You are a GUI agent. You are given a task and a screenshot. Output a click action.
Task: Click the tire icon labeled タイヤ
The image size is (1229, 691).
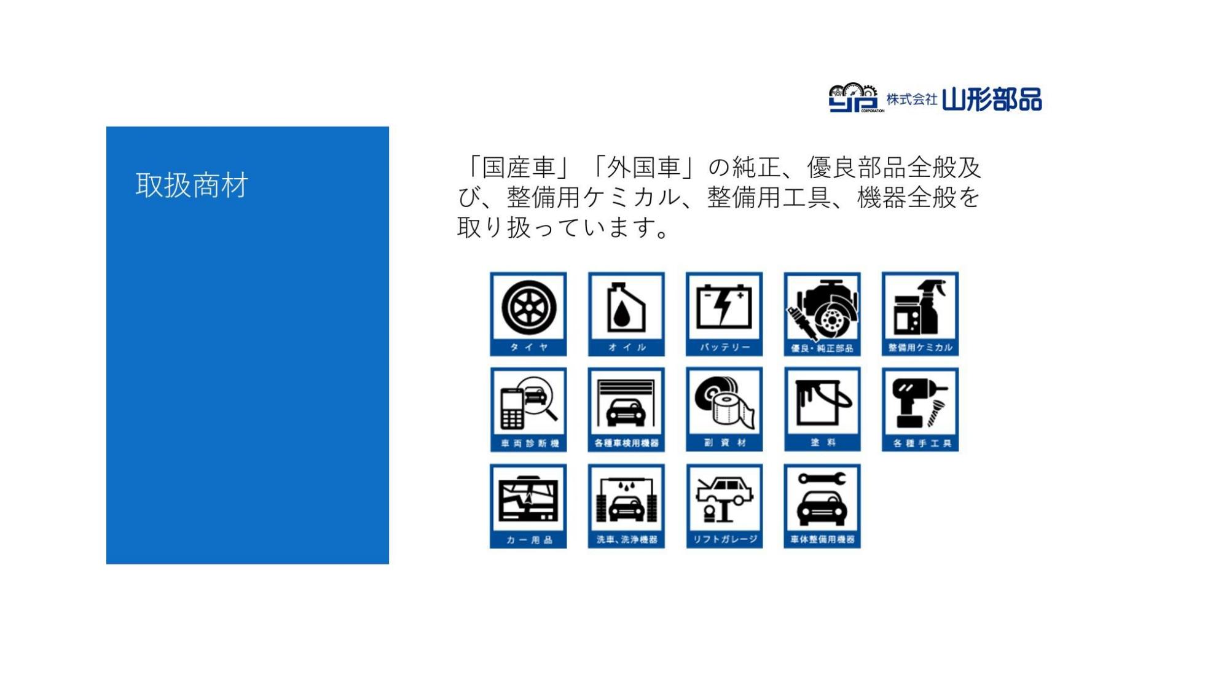528,314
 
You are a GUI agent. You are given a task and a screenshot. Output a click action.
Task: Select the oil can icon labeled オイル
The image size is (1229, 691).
626,314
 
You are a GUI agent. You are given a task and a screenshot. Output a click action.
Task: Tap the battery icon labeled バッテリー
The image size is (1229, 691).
724,314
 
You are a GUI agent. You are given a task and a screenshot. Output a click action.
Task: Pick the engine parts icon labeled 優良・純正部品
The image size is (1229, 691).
822,314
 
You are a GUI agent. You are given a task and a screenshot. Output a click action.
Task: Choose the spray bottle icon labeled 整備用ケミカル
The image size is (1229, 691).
920,314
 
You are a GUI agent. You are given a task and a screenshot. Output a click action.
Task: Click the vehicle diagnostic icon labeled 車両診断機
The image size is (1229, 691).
528,410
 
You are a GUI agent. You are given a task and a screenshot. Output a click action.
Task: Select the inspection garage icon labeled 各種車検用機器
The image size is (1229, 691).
626,410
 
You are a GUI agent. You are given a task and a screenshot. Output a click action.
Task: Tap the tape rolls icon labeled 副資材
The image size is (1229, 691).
724,410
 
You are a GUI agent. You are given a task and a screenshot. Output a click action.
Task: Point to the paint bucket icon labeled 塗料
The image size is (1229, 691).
822,410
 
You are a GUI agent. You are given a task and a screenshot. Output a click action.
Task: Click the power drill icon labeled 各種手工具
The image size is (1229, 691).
920,410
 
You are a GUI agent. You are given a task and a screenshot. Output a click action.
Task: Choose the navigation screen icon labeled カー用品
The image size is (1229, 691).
528,506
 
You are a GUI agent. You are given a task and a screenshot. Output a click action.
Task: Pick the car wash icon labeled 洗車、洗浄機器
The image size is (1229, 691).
626,506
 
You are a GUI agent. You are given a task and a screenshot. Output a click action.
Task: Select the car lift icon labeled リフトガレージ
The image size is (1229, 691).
724,506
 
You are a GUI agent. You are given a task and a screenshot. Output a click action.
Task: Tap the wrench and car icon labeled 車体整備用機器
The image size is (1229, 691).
822,506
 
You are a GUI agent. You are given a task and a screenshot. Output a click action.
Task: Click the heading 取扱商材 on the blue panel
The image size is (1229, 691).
192,185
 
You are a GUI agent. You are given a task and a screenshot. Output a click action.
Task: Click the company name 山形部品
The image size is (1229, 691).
992,100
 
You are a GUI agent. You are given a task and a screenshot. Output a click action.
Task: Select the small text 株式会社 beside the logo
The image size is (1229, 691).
911,100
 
